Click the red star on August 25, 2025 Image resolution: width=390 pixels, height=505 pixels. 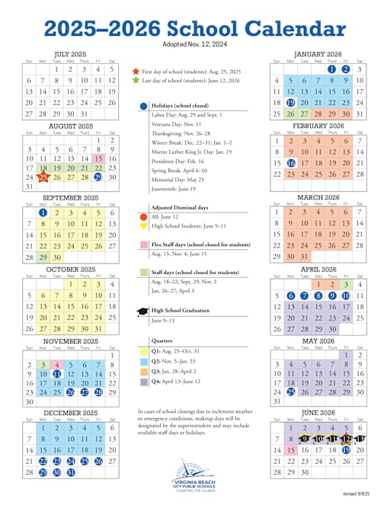point(43,177)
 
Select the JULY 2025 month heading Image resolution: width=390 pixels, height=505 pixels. point(71,54)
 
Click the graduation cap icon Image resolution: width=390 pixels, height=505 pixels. point(143,312)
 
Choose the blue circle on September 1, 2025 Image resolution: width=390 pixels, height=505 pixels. point(43,213)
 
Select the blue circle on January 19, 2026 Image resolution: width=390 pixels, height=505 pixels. point(290,102)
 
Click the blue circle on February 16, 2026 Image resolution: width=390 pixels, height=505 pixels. point(290,163)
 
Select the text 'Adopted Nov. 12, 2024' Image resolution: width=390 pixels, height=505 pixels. point(194,44)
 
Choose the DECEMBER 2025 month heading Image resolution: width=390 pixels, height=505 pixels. point(71,413)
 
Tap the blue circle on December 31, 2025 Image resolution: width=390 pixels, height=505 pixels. point(71,472)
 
